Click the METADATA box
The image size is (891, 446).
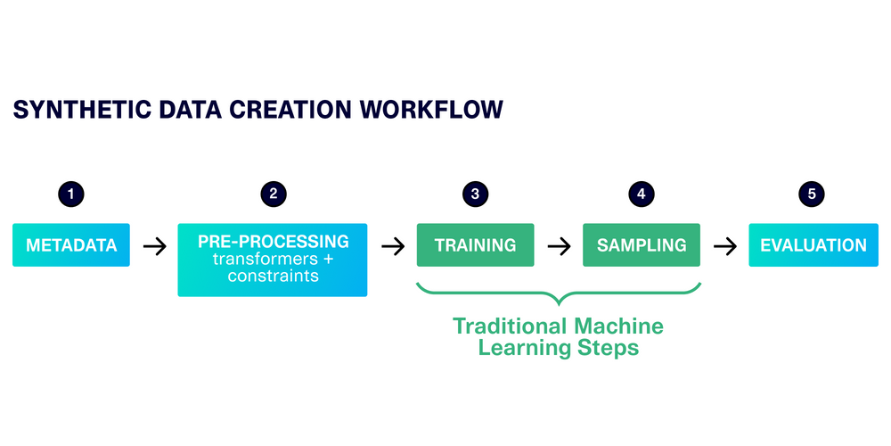71,245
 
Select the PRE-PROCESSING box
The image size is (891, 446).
273,260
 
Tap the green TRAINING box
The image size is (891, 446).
475,245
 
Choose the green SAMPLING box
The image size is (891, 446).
642,245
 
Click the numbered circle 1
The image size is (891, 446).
71,194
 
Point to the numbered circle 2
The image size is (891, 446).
273,194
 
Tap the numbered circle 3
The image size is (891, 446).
475,194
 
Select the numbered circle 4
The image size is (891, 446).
641,194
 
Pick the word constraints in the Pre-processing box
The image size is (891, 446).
272,277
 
